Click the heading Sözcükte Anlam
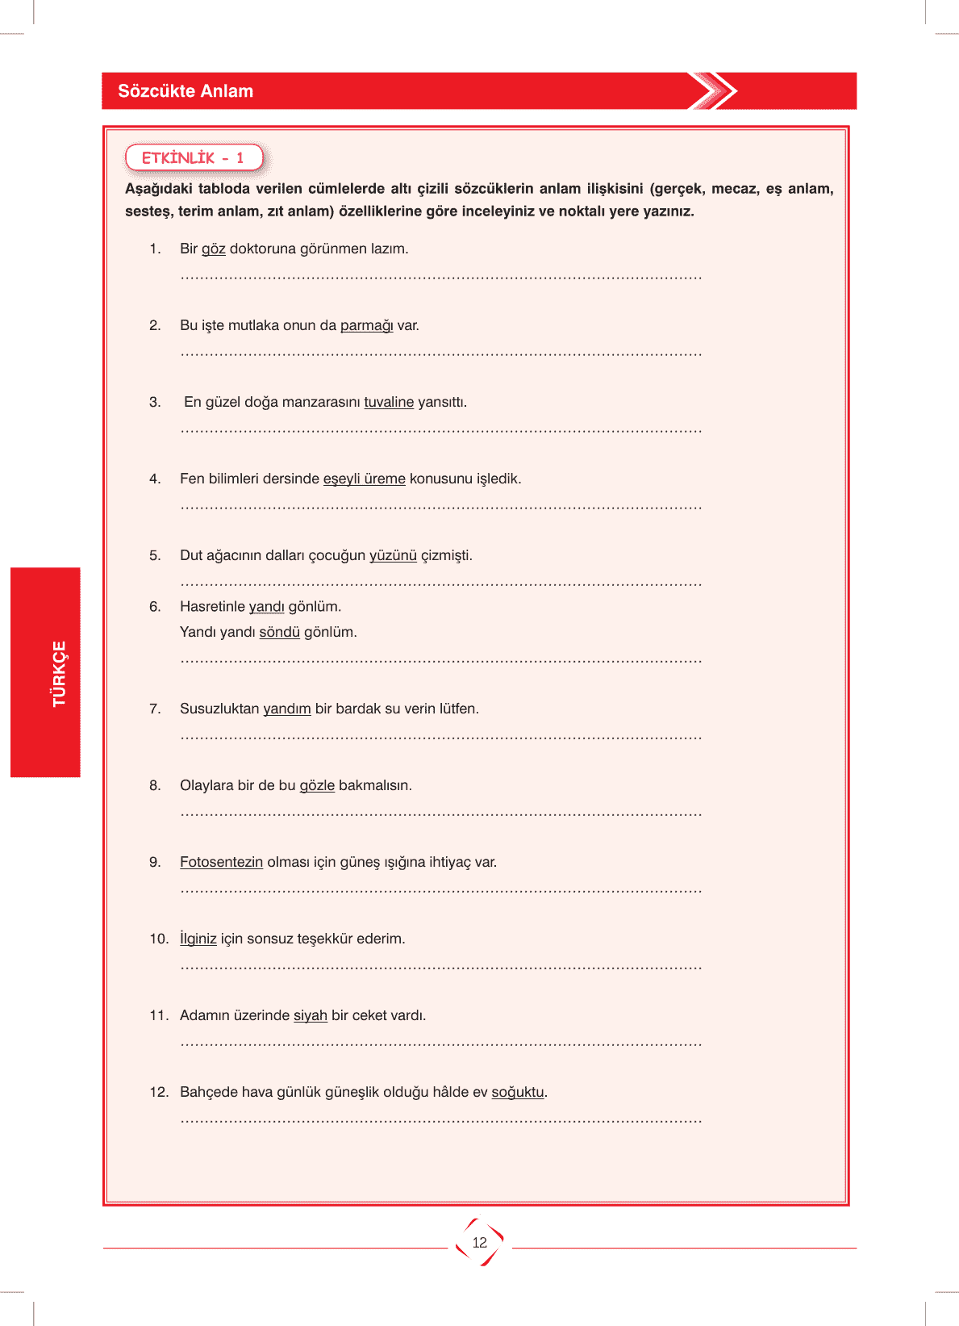pos(186,91)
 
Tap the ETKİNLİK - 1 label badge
pos(194,157)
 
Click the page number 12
pos(480,1243)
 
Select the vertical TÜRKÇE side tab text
pos(59,674)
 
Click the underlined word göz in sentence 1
pos(214,249)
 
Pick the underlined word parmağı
pos(366,325)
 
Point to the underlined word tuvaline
pos(389,402)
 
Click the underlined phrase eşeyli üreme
pos(365,479)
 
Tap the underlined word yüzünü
pos(393,555)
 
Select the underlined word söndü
pos(279,632)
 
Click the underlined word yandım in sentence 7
pos(287,709)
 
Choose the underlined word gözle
pos(317,785)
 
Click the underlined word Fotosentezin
pos(221,862)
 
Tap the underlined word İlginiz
pos(198,939)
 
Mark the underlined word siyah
pos(311,1015)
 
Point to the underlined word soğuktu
pos(518,1092)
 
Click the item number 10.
pos(158,939)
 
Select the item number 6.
pos(155,606)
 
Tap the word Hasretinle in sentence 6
pos(212,606)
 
